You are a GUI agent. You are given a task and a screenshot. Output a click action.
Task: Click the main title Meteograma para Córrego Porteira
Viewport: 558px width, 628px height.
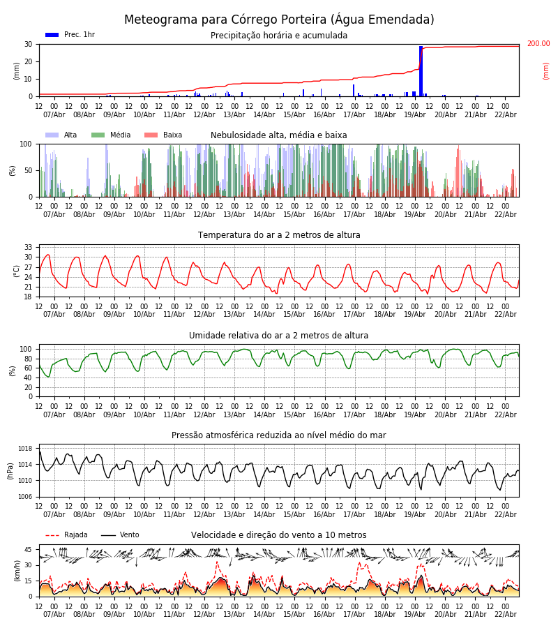point(279,20)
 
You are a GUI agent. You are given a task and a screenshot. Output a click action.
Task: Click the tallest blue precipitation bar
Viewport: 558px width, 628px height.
point(421,70)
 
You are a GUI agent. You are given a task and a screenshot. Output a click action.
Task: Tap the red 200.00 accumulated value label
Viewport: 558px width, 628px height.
point(538,44)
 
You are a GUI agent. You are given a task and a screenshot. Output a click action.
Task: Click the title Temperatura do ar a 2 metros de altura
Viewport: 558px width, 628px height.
point(279,235)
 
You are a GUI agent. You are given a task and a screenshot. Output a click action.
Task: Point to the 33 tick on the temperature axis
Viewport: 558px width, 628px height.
point(29,248)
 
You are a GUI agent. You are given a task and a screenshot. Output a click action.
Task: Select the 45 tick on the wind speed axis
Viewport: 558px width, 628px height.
point(29,549)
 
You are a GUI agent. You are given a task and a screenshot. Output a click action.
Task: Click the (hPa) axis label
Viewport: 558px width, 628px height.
point(11,470)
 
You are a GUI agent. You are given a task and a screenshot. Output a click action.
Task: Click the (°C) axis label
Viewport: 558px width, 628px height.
point(17,270)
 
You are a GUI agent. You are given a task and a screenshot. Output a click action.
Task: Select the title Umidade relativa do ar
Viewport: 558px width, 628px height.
point(279,336)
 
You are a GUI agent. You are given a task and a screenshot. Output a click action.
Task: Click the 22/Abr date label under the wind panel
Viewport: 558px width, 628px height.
point(505,615)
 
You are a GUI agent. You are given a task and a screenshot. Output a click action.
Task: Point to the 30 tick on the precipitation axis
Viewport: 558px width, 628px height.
point(29,44)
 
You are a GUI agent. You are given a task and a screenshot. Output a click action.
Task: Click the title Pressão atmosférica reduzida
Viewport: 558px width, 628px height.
point(279,435)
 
